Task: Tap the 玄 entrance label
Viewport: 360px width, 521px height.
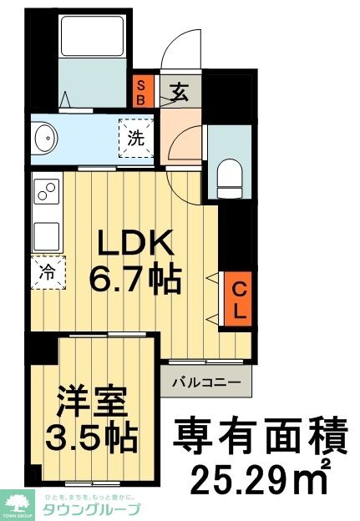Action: point(180,90)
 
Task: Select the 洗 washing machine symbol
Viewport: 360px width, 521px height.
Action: point(136,139)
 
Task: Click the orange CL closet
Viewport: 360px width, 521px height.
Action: point(238,301)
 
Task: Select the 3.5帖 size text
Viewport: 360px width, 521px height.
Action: point(91,438)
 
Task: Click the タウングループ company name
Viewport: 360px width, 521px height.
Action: point(92,509)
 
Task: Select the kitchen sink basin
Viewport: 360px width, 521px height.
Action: point(45,234)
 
